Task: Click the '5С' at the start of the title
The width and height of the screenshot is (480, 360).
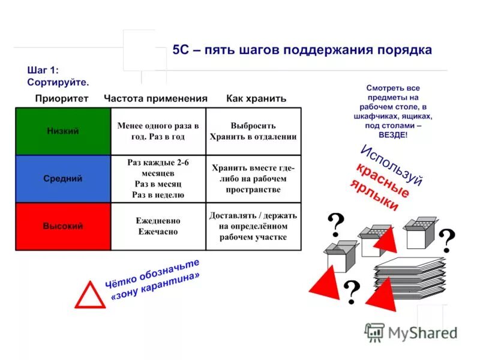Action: [180, 50]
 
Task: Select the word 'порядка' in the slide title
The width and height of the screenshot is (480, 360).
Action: [404, 50]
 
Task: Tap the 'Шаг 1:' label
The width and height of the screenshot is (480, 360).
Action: [43, 70]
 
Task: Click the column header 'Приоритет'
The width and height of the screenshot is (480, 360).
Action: [61, 98]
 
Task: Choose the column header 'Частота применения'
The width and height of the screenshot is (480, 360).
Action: [155, 98]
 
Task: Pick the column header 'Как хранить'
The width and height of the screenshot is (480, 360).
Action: [256, 98]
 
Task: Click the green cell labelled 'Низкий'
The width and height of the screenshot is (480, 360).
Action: [62, 131]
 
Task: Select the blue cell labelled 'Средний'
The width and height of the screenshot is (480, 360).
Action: [62, 178]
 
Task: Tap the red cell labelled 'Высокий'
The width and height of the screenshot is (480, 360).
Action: [62, 226]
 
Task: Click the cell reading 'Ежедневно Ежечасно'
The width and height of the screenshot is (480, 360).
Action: [158, 226]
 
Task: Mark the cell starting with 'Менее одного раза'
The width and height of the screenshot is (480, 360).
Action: [158, 131]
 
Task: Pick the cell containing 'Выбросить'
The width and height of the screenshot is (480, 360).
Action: [253, 131]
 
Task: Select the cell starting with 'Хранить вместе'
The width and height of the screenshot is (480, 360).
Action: [253, 178]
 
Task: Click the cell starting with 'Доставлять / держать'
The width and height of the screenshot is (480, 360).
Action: [253, 226]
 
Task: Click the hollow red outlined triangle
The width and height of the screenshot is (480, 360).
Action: [90, 295]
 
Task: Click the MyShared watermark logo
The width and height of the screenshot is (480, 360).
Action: [411, 332]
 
